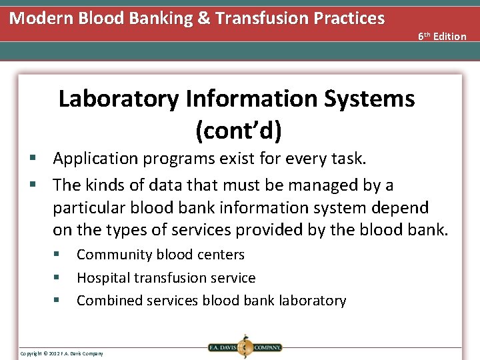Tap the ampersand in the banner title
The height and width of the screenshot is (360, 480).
[x=204, y=18]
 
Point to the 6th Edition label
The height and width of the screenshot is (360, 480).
[x=442, y=36]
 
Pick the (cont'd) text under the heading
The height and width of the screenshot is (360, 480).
[x=238, y=130]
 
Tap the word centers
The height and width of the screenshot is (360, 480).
[x=221, y=255]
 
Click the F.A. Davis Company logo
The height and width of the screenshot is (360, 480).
[x=245, y=347]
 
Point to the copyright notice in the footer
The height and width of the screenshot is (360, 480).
[x=61, y=353]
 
